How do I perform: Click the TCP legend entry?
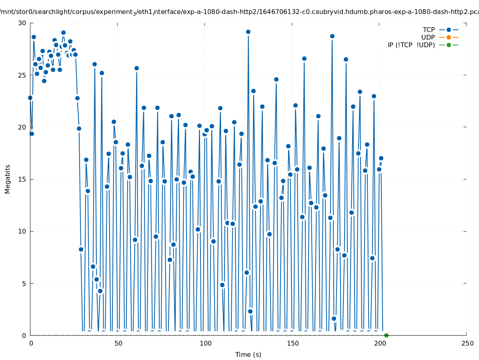[429, 30]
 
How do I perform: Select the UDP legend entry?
[428, 37]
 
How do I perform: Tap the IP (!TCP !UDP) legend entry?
[411, 45]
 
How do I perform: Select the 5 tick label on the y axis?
[24, 284]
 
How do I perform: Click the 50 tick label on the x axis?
[118, 344]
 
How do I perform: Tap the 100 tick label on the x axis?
[205, 344]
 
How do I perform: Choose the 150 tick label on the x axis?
[293, 344]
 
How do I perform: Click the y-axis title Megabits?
[8, 179]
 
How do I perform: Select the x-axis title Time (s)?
[248, 354]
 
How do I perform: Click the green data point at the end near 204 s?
[386, 335]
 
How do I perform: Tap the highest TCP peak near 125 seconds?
[248, 32]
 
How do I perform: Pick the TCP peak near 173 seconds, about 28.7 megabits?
[332, 36]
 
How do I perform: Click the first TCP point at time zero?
[30, 98]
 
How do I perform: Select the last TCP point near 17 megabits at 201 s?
[381, 158]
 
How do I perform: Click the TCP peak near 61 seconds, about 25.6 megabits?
[136, 68]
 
